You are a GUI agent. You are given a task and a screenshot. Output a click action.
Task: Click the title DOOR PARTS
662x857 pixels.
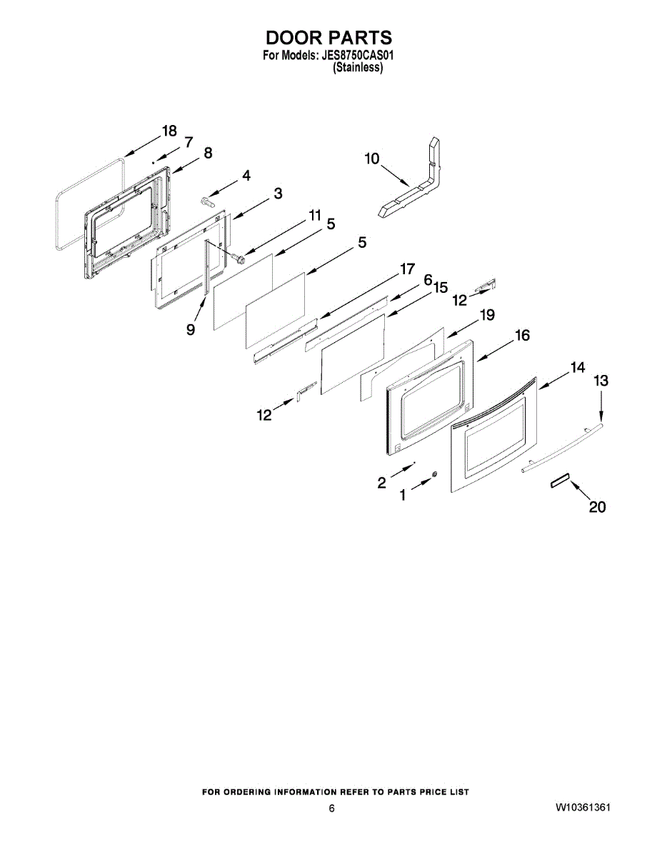(x=329, y=37)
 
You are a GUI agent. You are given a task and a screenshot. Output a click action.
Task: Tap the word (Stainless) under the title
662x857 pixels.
(x=358, y=69)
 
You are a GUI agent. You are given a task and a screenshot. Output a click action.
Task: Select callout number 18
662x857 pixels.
(x=169, y=131)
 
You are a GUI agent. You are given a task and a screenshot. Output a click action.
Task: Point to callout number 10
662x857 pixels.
(x=372, y=159)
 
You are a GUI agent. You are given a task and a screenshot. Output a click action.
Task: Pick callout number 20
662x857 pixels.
(x=597, y=507)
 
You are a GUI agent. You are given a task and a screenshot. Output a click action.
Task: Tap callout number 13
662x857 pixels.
(x=601, y=381)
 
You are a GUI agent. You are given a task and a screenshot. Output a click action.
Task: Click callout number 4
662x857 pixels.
(x=245, y=175)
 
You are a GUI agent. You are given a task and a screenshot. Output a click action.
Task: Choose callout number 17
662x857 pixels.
(x=406, y=269)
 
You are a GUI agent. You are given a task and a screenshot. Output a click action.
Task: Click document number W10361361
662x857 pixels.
(x=583, y=808)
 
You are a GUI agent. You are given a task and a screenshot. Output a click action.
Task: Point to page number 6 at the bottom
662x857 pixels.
(x=331, y=808)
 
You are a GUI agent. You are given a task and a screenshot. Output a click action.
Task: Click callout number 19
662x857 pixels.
(x=487, y=315)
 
